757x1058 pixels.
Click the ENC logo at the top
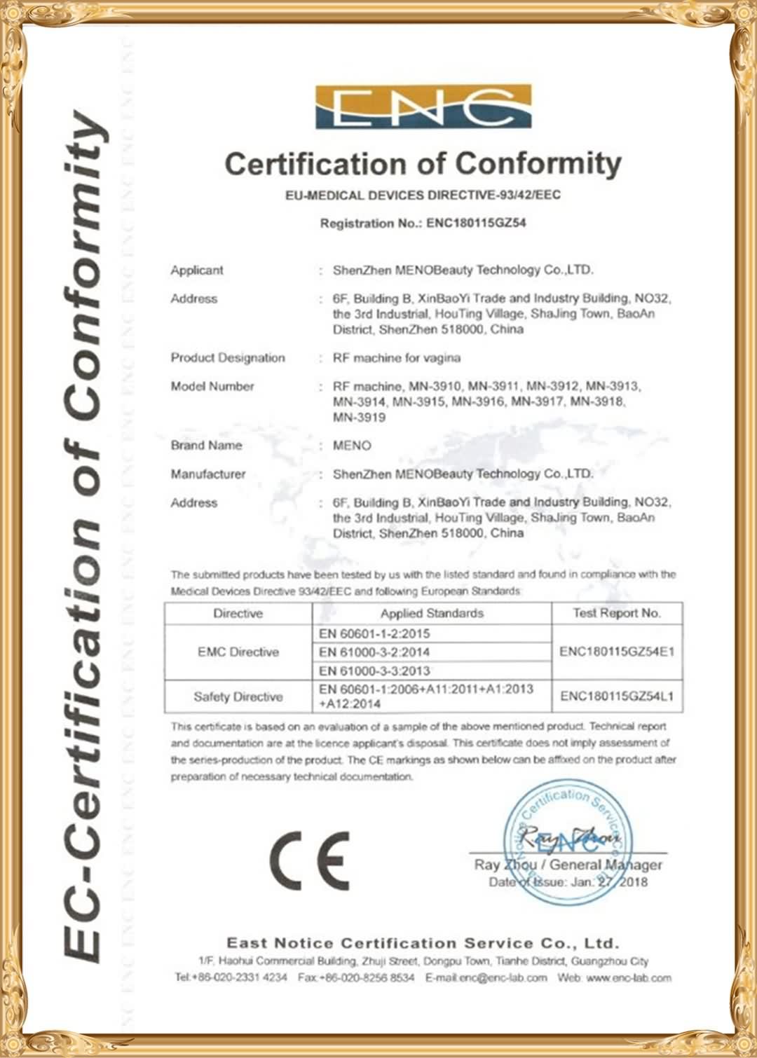tap(423, 107)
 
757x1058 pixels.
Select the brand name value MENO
tap(352, 446)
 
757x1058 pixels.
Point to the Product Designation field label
tap(228, 358)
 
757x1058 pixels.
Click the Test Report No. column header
tap(617, 613)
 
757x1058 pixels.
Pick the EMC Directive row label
tap(238, 652)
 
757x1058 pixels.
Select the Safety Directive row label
tap(238, 697)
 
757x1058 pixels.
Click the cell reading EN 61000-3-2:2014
tap(374, 652)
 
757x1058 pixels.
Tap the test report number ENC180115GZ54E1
tap(617, 652)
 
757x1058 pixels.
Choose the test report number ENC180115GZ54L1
tap(617, 696)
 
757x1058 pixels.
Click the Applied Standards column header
tap(432, 614)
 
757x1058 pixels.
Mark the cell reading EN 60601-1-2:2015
tap(374, 633)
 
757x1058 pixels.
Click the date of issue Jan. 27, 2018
tap(609, 882)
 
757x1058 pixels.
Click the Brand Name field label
tap(206, 446)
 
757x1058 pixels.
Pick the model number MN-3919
tap(359, 418)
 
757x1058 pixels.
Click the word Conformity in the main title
tap(538, 164)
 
